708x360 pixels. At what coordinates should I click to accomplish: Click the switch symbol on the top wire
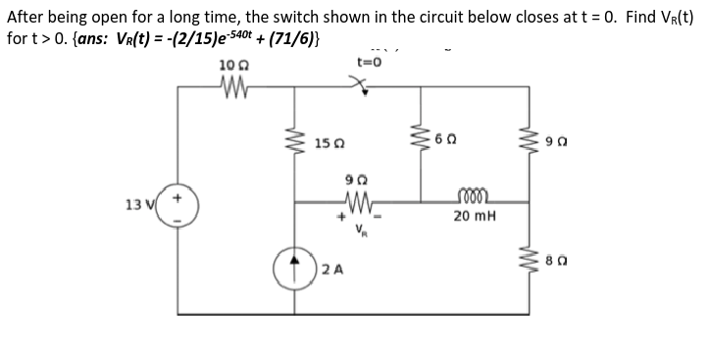tap(368, 87)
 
